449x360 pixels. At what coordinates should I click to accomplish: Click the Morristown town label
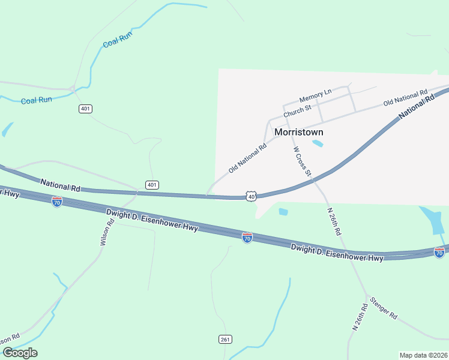click(298, 132)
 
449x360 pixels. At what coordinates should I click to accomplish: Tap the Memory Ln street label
click(316, 95)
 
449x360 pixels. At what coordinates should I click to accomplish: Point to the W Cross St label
click(302, 161)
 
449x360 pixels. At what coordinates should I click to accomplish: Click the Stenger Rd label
click(384, 308)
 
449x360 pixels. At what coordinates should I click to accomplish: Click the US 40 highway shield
click(251, 196)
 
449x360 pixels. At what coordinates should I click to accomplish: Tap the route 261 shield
click(225, 340)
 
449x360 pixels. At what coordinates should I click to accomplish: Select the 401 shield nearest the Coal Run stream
click(85, 109)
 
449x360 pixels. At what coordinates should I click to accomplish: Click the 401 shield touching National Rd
click(152, 185)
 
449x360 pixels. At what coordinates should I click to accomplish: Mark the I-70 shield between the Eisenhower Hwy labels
click(247, 238)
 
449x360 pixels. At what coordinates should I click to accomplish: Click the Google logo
click(20, 352)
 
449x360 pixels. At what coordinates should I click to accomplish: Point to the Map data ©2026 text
click(424, 355)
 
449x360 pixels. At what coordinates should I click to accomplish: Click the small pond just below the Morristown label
click(318, 143)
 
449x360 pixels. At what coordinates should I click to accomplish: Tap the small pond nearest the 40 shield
click(283, 211)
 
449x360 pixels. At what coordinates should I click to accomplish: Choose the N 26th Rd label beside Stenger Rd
click(359, 317)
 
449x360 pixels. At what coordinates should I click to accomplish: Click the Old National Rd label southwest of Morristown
click(247, 158)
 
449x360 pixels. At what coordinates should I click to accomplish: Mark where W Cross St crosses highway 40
click(315, 179)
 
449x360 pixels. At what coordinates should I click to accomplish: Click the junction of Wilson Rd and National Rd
click(137, 193)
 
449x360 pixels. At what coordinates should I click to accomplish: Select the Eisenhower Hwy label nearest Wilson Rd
click(152, 220)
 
